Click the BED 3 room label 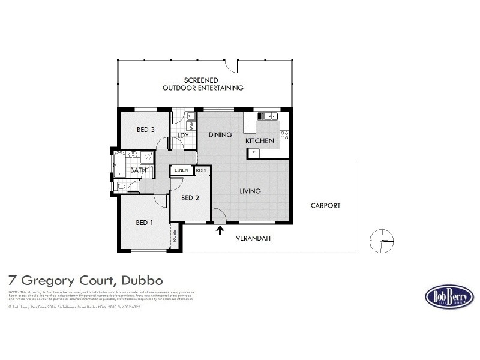coord(145,130)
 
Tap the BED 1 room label coord(145,223)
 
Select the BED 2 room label coord(190,198)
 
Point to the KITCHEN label coord(260,141)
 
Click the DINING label coord(220,135)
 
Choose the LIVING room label coord(250,191)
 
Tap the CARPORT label coord(325,206)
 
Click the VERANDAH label coord(253,238)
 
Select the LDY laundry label coord(184,136)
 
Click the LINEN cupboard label coord(181,170)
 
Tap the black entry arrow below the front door coord(220,230)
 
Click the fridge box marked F coord(254,154)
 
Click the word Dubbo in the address coord(142,280)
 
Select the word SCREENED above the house coord(201,80)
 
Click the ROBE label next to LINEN coord(202,170)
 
